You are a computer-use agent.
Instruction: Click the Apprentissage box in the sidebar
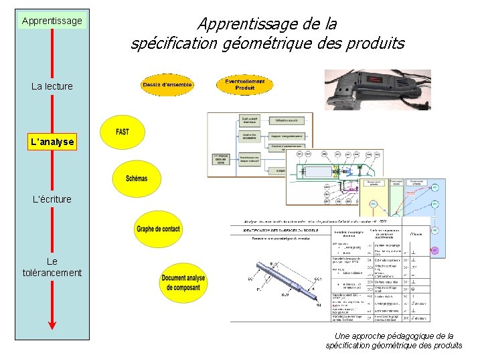(x=52, y=21)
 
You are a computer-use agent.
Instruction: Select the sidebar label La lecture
(x=52, y=86)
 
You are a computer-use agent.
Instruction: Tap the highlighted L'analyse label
(x=52, y=142)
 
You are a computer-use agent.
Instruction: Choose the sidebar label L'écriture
(x=52, y=199)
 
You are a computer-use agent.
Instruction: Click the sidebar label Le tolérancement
(x=52, y=267)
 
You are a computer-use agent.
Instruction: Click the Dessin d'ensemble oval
(x=168, y=84)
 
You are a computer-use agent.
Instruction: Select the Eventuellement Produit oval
(x=244, y=84)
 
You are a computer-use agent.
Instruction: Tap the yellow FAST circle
(x=123, y=132)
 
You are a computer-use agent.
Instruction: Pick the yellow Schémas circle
(x=136, y=178)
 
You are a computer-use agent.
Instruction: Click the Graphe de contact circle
(x=158, y=229)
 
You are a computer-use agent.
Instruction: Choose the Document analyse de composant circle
(x=183, y=283)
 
